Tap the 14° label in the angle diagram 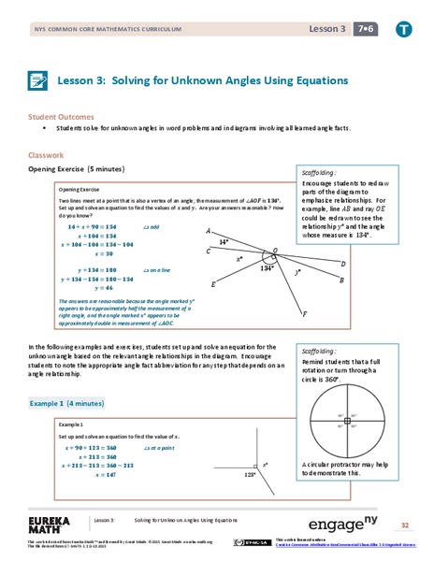[x=224, y=241]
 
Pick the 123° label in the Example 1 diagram [x=250, y=474]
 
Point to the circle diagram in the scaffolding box [x=346, y=423]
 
